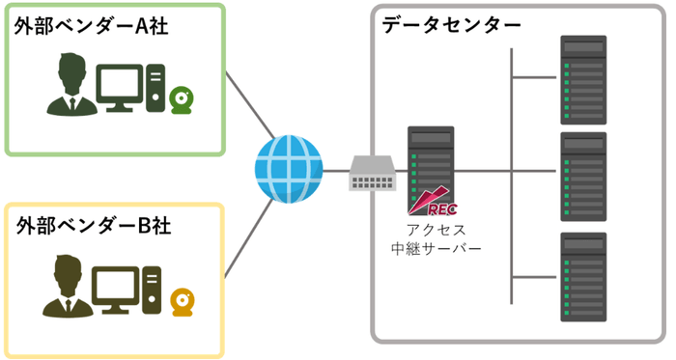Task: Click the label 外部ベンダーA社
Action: pyautogui.click(x=92, y=26)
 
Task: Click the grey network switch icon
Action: pyautogui.click(x=373, y=173)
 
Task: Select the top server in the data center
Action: pyautogui.click(x=582, y=79)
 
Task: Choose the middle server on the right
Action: pyautogui.click(x=582, y=178)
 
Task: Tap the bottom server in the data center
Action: pyautogui.click(x=582, y=276)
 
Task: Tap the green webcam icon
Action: pyautogui.click(x=181, y=100)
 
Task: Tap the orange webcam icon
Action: pyautogui.click(x=181, y=301)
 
